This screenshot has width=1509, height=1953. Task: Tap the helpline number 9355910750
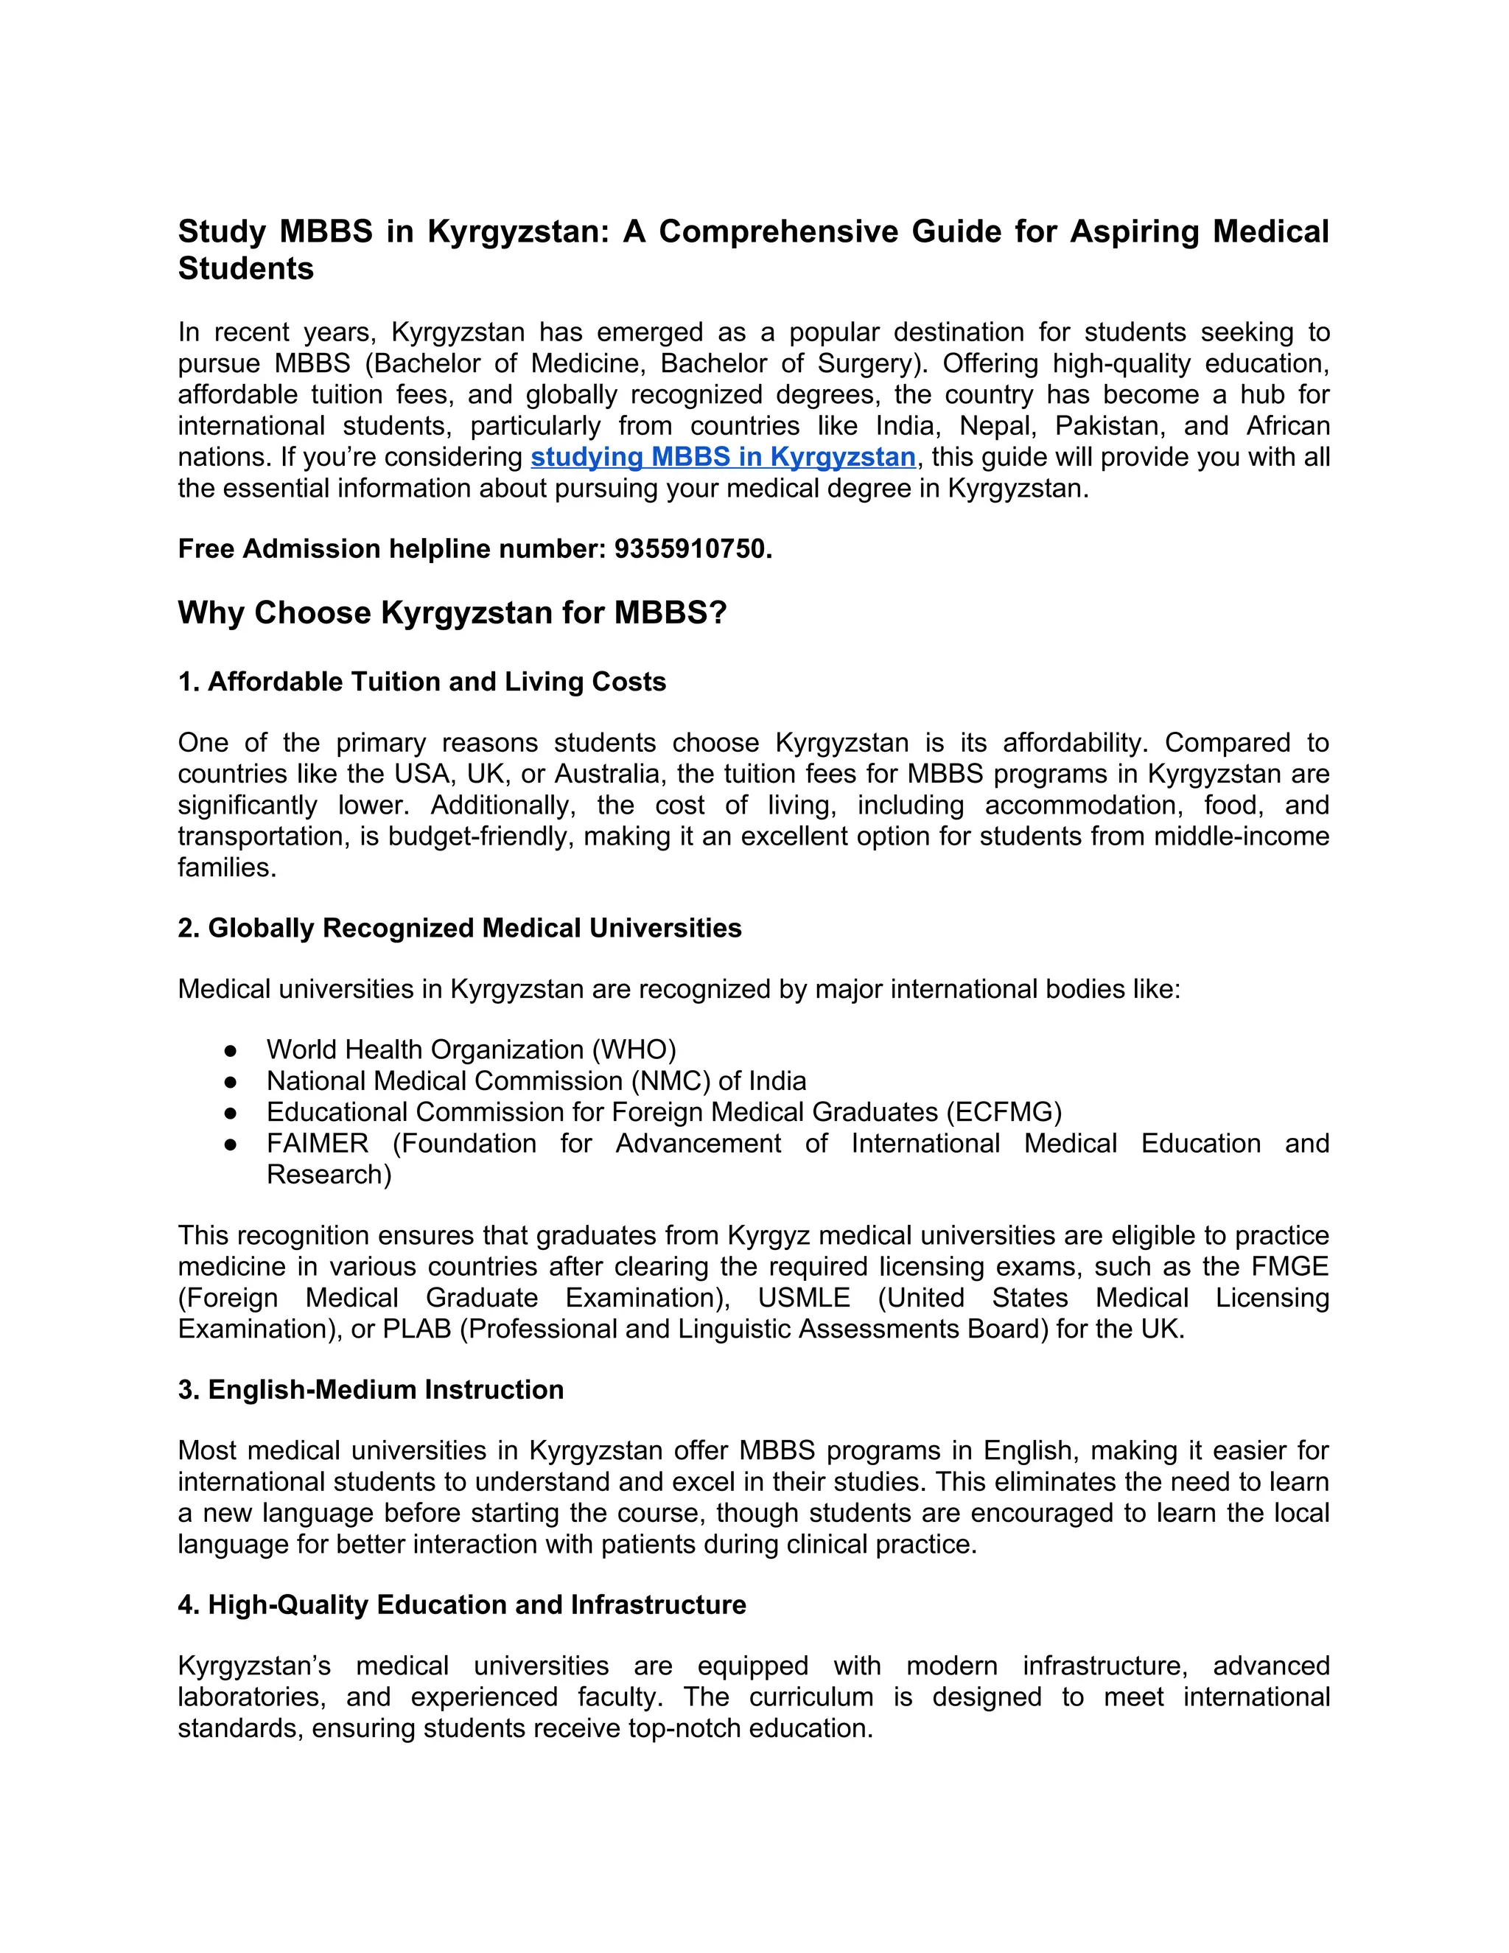(x=692, y=548)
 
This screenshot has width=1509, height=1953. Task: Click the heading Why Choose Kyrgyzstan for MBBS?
(x=452, y=613)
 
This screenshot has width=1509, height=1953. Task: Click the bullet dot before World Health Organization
(x=231, y=1049)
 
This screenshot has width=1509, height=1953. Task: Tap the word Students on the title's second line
(x=246, y=268)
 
